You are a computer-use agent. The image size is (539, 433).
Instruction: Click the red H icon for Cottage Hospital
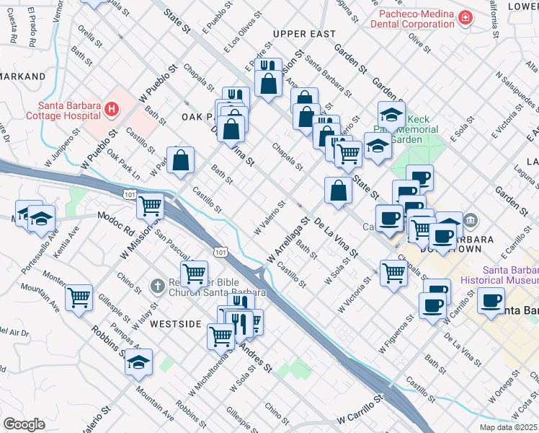click(111, 109)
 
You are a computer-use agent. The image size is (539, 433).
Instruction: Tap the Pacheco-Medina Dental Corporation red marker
click(466, 17)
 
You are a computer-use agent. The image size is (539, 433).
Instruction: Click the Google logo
click(24, 424)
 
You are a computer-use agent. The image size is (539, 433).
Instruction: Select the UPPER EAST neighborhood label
click(304, 34)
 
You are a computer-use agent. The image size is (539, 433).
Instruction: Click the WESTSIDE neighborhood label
click(174, 324)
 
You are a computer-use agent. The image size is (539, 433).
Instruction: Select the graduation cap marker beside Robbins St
click(138, 363)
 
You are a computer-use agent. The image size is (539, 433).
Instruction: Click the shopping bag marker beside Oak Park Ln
click(181, 160)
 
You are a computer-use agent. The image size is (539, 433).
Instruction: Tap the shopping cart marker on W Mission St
click(151, 206)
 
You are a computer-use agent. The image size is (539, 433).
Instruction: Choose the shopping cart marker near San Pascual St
click(194, 274)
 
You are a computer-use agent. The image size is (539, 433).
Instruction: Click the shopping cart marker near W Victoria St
click(393, 273)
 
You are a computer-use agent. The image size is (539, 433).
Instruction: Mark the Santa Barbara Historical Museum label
click(510, 276)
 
